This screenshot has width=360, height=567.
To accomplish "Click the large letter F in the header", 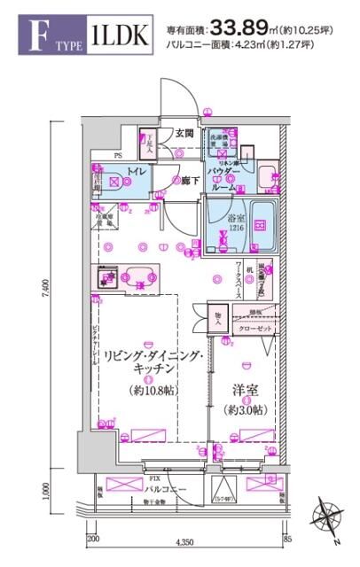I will pyautogui.click(x=38, y=37).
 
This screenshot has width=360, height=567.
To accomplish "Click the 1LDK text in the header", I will pyautogui.click(x=117, y=37).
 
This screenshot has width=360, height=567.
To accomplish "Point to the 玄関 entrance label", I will pyautogui.click(x=184, y=134).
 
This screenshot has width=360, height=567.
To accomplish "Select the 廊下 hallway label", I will pyautogui.click(x=186, y=181).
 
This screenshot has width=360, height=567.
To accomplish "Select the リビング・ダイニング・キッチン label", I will pyautogui.click(x=153, y=362).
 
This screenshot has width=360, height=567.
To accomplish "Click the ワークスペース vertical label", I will pyautogui.click(x=240, y=280).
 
